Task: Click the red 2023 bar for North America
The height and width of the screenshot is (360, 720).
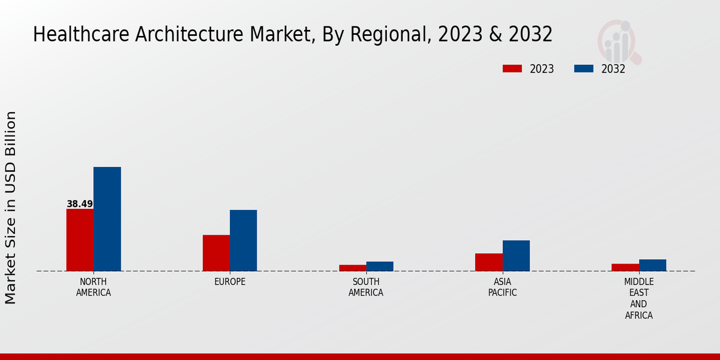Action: click(x=80, y=240)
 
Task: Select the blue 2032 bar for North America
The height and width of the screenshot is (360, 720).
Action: click(x=107, y=219)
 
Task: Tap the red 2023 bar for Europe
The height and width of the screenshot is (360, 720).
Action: click(x=216, y=253)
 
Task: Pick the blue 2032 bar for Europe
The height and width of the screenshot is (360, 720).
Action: click(x=244, y=241)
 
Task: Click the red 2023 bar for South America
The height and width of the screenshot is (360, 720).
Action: click(x=353, y=268)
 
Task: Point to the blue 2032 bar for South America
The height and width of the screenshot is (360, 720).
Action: click(x=380, y=266)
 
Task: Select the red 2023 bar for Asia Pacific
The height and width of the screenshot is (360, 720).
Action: click(x=489, y=262)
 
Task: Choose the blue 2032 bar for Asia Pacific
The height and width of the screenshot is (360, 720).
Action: click(x=516, y=256)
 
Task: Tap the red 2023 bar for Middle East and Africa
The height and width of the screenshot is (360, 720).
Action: click(x=625, y=267)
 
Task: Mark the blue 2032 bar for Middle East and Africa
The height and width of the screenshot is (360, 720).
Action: click(x=653, y=265)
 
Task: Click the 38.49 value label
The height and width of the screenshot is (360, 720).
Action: click(x=80, y=204)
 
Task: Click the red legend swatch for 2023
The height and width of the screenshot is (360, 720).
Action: click(x=512, y=69)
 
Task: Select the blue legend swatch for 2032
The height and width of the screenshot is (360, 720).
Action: click(x=584, y=69)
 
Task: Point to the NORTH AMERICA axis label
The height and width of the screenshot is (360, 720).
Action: click(x=94, y=287)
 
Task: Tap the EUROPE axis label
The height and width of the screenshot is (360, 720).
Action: click(x=230, y=282)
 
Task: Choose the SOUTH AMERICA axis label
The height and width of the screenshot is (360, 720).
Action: click(x=366, y=287)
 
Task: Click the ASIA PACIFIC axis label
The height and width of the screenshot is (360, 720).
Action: click(x=503, y=287)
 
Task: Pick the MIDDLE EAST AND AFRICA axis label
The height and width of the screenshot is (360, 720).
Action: click(x=639, y=299)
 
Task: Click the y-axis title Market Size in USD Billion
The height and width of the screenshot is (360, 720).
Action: click(x=11, y=207)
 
